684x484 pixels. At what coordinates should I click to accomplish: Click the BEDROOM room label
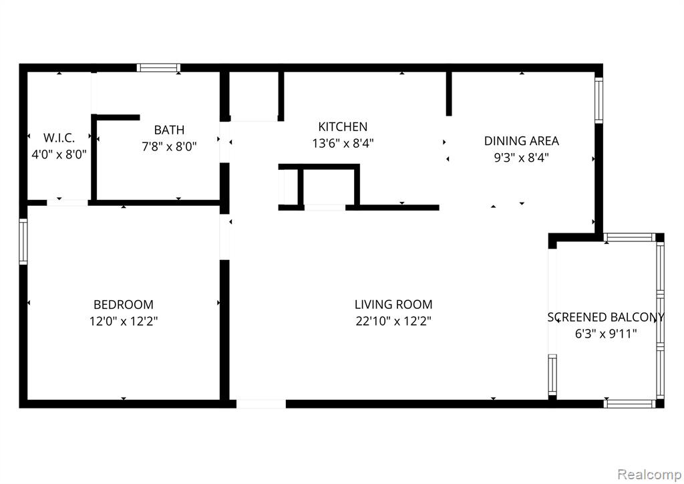coord(124,304)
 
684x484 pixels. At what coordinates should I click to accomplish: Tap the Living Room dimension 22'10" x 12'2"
coord(393,321)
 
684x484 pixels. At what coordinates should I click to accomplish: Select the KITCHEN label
coord(343,126)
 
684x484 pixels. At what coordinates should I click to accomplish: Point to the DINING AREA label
coord(521,141)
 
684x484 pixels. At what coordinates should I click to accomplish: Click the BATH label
coord(169,130)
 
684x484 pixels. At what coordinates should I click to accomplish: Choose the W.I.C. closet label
coord(59,138)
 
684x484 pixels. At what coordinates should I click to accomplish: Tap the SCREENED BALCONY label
coord(606,318)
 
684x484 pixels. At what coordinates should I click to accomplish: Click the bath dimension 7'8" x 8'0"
coord(169,146)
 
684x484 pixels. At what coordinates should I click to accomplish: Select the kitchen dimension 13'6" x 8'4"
coord(343,143)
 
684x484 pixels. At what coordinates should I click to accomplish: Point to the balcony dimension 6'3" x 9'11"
coord(606,334)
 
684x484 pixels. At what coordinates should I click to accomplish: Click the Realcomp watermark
coord(649,474)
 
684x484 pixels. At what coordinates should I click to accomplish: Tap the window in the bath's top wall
coord(158,68)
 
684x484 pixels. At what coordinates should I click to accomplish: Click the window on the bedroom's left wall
coord(23,241)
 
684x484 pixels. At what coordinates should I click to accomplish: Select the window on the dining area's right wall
coord(599,100)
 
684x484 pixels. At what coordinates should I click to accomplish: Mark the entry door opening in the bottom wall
coord(261,404)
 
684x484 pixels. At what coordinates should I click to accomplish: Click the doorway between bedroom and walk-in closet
coord(67,203)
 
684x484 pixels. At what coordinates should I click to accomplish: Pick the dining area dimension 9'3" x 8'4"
coord(521,158)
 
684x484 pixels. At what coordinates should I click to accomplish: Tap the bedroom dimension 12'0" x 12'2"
coord(124,321)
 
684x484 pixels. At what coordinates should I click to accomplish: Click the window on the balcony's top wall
coord(630,237)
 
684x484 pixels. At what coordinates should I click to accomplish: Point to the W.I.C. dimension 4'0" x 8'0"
coord(59,154)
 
